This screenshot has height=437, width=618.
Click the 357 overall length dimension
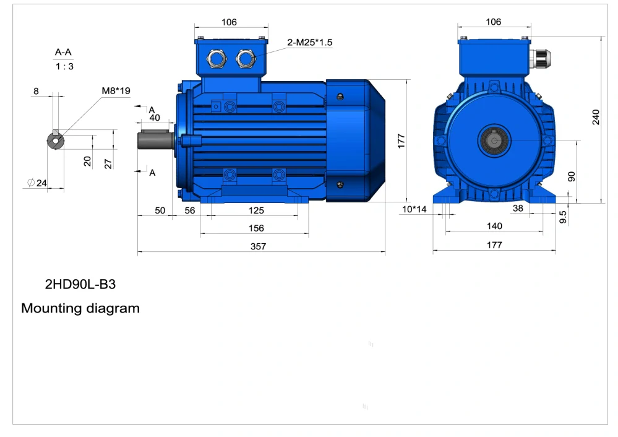click(258, 246)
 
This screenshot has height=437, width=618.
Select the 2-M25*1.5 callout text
click(309, 42)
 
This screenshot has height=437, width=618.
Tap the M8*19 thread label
click(116, 91)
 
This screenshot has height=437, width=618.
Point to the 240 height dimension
click(596, 117)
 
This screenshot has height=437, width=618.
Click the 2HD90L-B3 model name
click(80, 284)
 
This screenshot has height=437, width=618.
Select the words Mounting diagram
click(80, 308)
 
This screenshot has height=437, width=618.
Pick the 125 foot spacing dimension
click(256, 210)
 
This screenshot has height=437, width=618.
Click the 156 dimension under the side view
click(256, 228)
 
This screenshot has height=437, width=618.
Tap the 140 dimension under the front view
click(494, 225)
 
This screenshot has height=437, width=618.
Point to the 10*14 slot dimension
click(414, 209)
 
